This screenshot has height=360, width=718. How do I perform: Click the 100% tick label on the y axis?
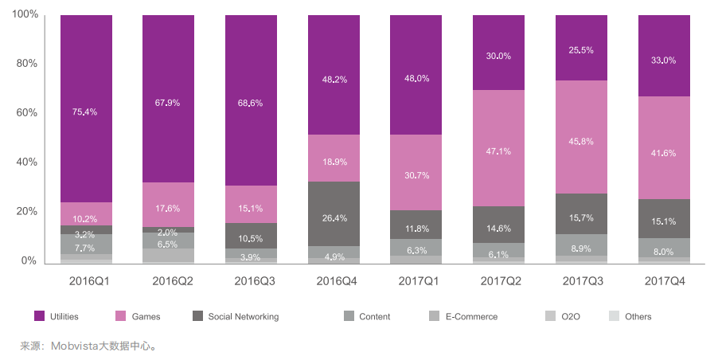pos(25,15)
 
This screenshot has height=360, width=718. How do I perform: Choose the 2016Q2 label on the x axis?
pos(169,281)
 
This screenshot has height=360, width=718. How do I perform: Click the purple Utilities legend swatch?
pos(39,316)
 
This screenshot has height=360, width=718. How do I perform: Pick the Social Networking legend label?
pos(243,316)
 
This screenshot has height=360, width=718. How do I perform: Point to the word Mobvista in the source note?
pos(74,346)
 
